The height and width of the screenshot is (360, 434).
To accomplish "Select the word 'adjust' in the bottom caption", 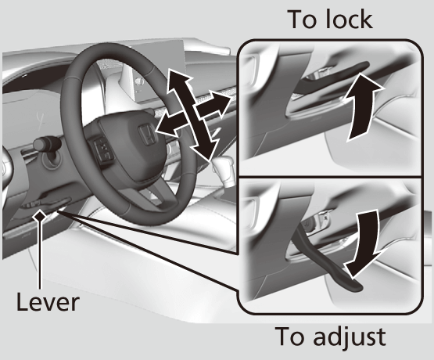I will click(x=352, y=338).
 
